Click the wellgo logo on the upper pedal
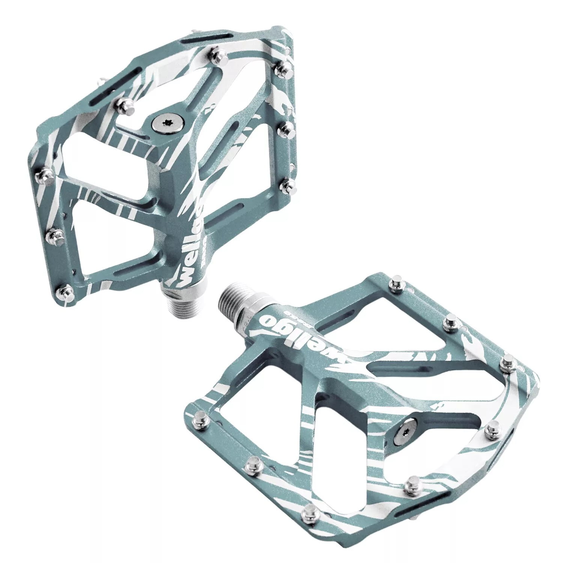(x=188, y=244)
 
